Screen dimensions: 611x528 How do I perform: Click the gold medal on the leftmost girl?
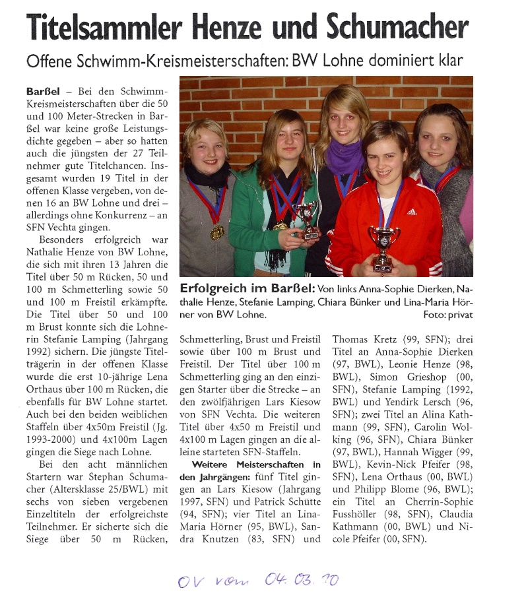(216, 232)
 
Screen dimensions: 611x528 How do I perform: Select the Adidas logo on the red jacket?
(411, 212)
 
